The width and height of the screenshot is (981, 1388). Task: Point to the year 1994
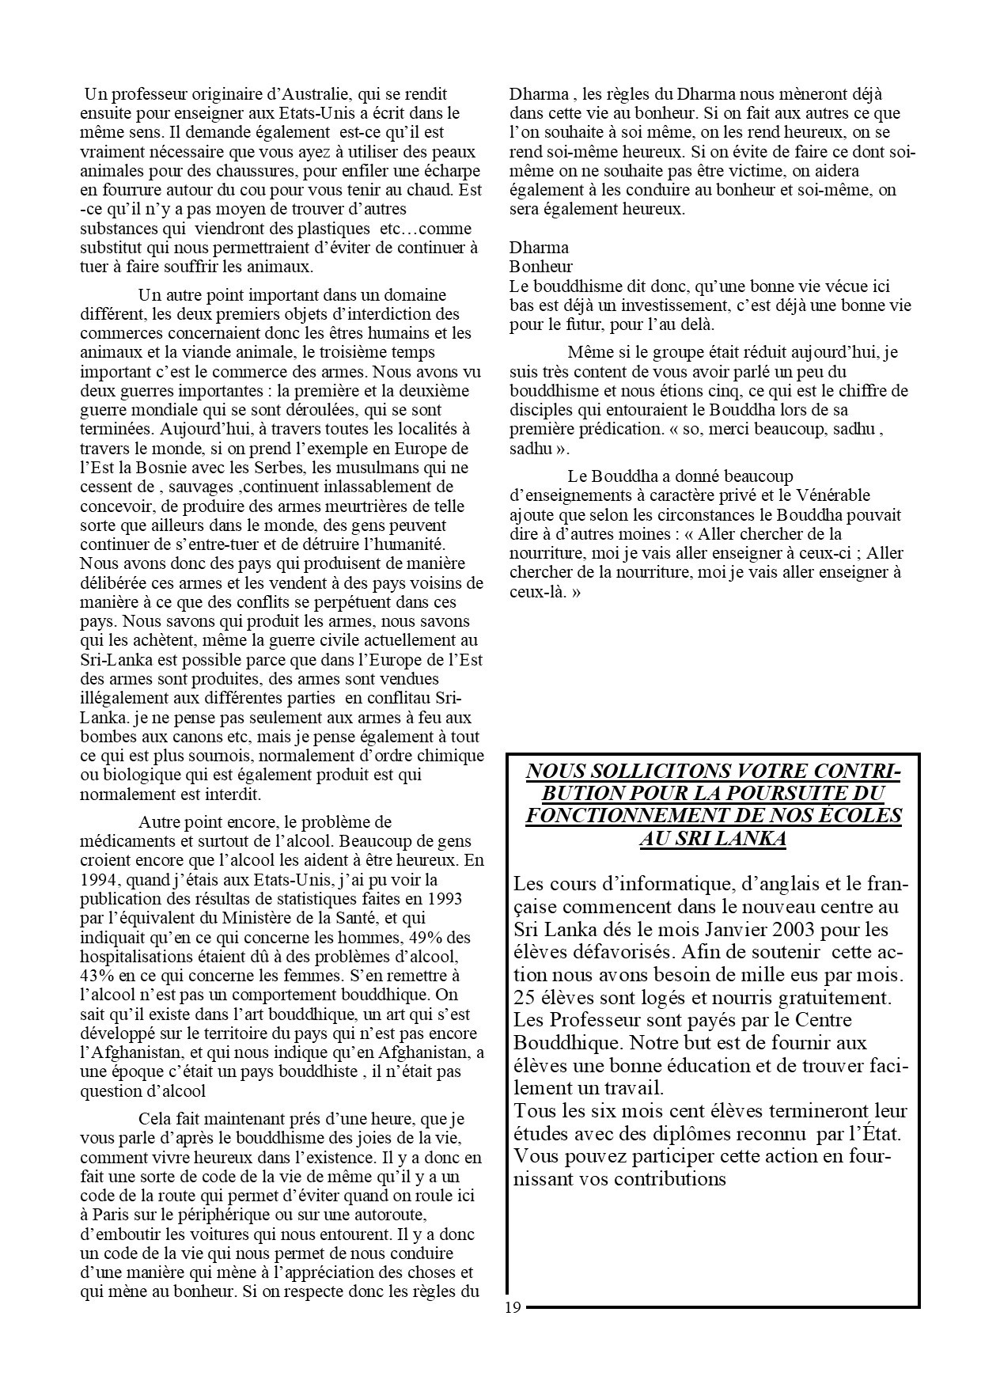click(98, 880)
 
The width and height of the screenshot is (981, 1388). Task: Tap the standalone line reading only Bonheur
click(541, 267)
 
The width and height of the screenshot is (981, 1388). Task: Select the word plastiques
click(331, 229)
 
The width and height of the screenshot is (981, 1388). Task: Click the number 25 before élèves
click(524, 996)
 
